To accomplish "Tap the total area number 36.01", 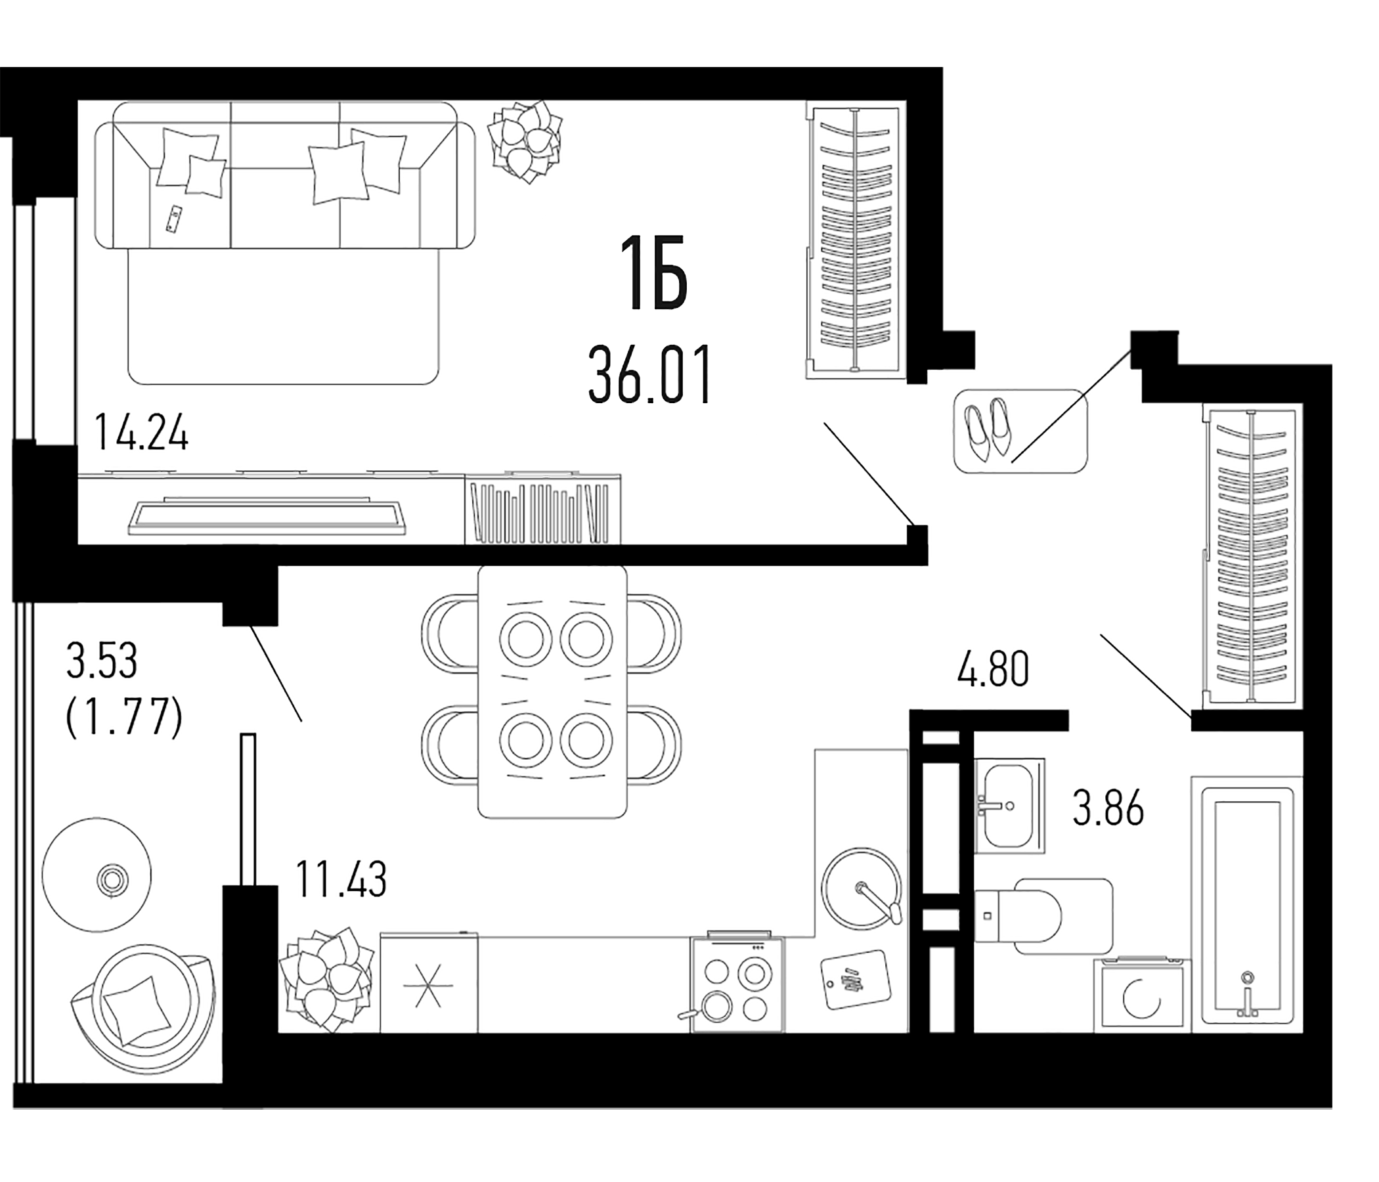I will coord(650,376).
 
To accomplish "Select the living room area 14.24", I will coord(141,433).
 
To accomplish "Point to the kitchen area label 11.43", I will coord(340,879).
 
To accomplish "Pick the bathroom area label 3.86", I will coord(1108,807).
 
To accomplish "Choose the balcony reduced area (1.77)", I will coord(125,717).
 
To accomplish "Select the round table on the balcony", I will coord(97,875).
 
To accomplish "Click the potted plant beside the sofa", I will coord(525,142).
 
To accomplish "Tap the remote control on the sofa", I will coord(175,219).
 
